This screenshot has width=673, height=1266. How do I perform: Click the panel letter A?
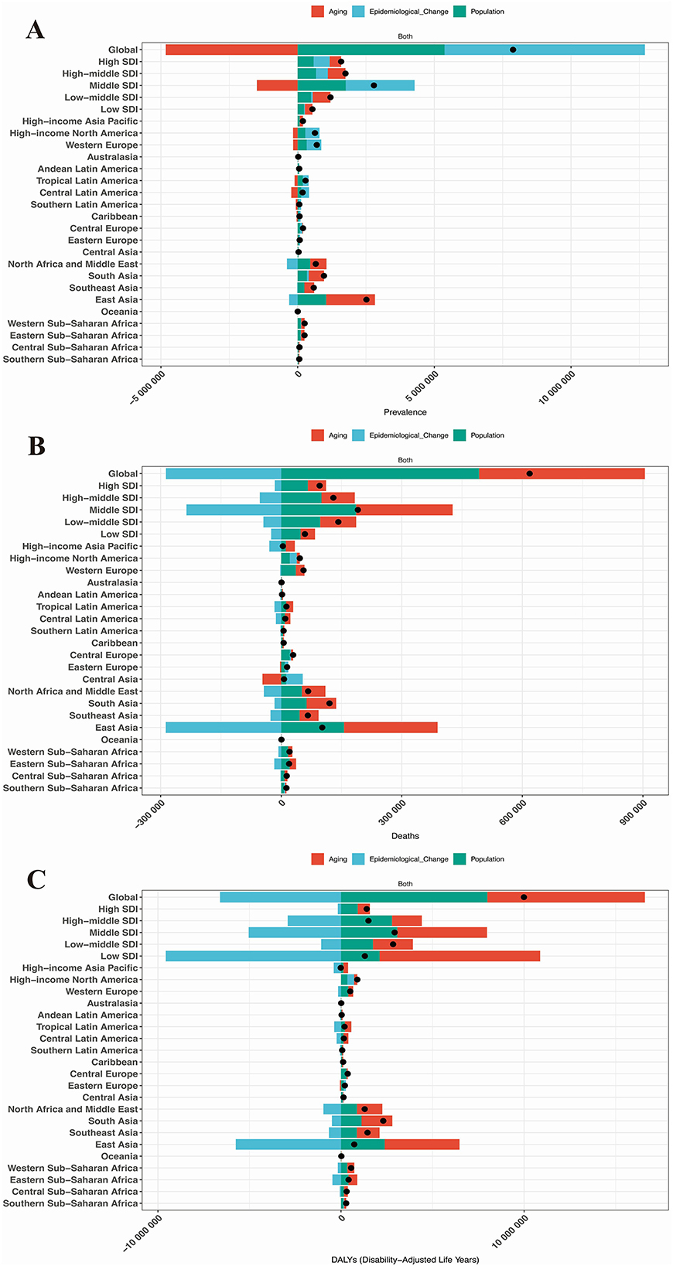(35, 31)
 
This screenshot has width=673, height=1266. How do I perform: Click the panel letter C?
(36, 879)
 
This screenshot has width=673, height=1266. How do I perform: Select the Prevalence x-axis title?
(405, 412)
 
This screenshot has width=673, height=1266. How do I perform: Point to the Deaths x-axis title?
(405, 836)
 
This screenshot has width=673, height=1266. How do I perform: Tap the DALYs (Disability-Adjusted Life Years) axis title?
(405, 1260)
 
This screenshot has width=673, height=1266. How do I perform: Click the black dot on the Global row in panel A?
(513, 49)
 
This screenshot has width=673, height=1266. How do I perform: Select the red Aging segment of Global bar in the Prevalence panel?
(231, 49)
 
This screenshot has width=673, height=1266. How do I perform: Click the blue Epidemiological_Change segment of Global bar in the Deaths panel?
(223, 473)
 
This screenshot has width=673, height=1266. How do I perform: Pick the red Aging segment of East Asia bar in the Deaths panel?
(391, 728)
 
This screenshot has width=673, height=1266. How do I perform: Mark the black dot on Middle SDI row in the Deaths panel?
(357, 510)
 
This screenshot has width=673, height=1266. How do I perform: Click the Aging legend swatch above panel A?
(318, 12)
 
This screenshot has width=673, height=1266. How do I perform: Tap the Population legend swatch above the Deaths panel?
(460, 435)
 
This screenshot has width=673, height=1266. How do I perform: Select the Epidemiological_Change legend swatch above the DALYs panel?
(359, 859)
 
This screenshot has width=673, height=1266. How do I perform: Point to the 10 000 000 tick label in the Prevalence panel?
(558, 385)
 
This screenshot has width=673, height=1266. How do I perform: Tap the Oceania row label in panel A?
(119, 312)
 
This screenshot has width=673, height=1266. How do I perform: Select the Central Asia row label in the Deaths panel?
(110, 679)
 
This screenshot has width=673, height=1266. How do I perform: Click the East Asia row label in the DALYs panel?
(116, 1145)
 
